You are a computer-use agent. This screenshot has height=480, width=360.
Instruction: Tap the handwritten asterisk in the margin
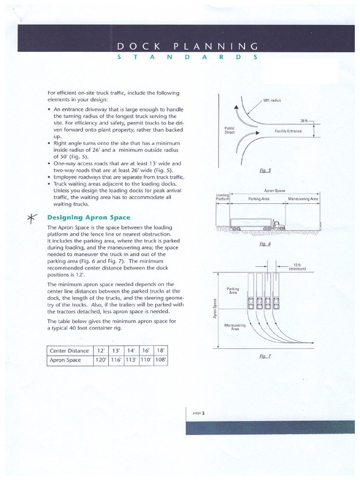32,218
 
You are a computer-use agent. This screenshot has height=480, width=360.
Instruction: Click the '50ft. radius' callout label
272,101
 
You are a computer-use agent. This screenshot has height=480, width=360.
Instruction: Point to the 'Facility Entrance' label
288,131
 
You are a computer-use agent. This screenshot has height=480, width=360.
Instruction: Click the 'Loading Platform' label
223,196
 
